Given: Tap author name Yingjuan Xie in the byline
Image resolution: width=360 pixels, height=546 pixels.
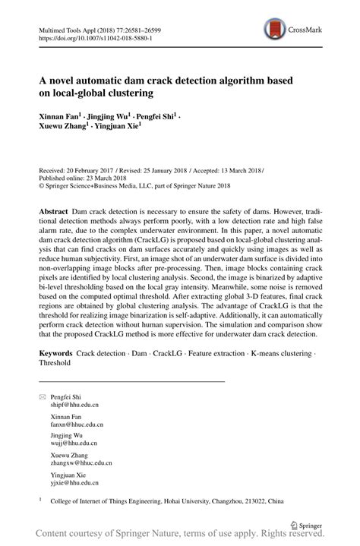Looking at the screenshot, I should point(118,128).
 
